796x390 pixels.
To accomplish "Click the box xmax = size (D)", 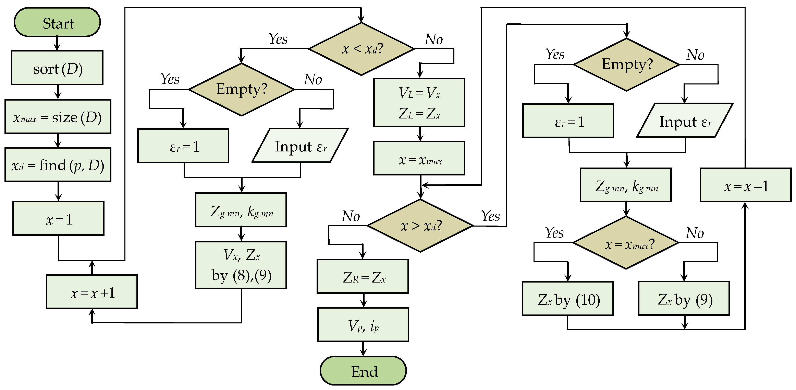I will tap(58, 117).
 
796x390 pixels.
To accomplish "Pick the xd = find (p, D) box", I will tap(58, 165).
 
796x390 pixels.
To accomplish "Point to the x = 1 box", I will tap(58, 219).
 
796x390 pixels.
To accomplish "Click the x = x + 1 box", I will tap(92, 292).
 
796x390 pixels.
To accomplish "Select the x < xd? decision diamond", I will tap(362, 49).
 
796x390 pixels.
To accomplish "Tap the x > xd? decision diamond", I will tap(420, 226).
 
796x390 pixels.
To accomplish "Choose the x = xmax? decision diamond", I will tap(626, 243).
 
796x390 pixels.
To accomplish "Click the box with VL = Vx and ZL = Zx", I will tap(419, 103).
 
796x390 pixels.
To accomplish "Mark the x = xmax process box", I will tap(419, 159).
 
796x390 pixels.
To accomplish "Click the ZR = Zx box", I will tap(363, 276).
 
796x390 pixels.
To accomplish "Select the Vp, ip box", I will tap(363, 325).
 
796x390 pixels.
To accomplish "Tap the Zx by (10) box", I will tap(568, 299).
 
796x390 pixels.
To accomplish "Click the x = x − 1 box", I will tap(745, 185).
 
